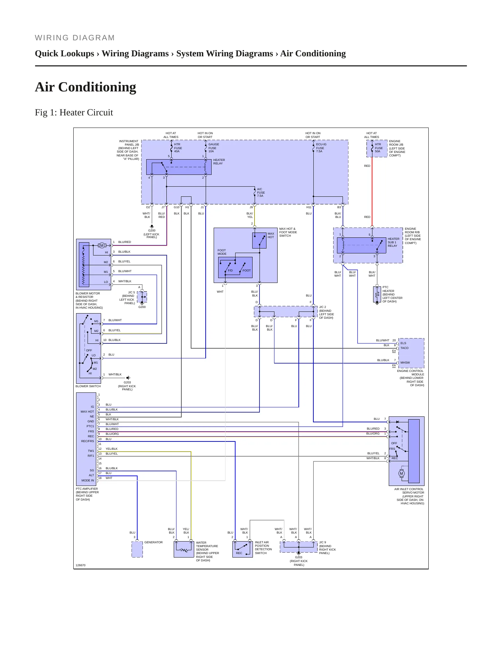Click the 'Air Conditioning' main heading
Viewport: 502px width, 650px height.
[x=85, y=87]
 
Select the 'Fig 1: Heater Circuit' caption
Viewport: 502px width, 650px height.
[x=74, y=112]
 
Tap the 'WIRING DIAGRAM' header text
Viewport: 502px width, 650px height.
[x=75, y=38]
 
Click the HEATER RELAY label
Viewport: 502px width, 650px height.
[x=219, y=162]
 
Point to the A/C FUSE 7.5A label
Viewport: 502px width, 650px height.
[x=261, y=193]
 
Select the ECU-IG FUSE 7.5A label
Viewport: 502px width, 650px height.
[x=321, y=148]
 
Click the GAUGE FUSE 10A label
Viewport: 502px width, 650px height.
[x=213, y=148]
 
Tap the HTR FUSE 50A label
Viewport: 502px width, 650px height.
[x=378, y=148]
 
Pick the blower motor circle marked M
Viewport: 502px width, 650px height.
[x=102, y=245]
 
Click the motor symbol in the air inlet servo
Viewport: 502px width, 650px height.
[x=402, y=473]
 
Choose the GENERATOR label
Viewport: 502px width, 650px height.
[x=153, y=542]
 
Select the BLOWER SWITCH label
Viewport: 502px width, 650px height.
[x=88, y=386]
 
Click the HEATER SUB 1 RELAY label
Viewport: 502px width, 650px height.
[x=393, y=242]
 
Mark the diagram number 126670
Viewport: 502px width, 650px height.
[x=80, y=565]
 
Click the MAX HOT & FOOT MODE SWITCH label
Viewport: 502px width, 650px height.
[x=288, y=232]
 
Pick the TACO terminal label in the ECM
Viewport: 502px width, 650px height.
[x=404, y=348]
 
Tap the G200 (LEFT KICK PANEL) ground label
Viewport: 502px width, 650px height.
[x=151, y=234]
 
